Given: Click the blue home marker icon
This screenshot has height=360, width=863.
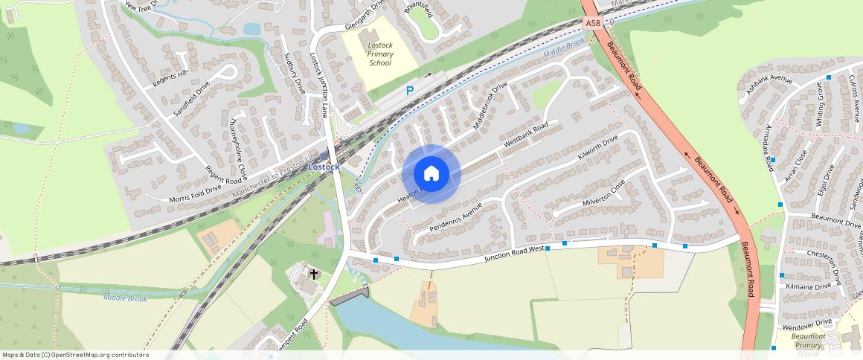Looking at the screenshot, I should pos(431,173).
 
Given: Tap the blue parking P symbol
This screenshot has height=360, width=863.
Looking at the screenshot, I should pos(409,91).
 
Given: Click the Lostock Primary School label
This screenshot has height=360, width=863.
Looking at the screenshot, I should pos(379,54).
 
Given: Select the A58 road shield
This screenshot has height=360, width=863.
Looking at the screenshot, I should pos(593,24).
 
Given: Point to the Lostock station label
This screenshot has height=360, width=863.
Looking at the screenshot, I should pos(324,167).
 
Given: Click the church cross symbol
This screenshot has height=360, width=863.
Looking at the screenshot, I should pos(314,274).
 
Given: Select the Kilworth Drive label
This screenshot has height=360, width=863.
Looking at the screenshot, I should pos(598,148).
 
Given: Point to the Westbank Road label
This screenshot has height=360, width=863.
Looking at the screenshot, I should pos(525,133).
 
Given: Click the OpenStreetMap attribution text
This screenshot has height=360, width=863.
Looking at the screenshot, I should pos(75,355).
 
